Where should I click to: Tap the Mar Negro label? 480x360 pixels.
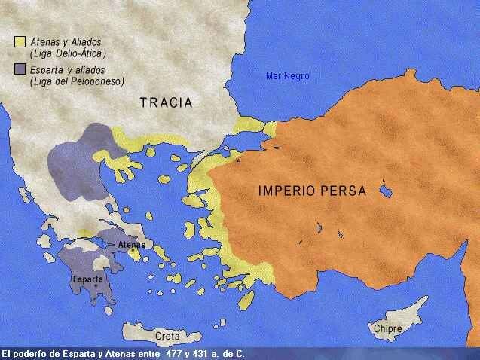[x=287, y=75]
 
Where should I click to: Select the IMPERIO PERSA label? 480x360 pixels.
[x=312, y=191]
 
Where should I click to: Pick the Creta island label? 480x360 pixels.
[x=167, y=336]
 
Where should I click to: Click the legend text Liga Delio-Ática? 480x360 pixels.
[x=68, y=53]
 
